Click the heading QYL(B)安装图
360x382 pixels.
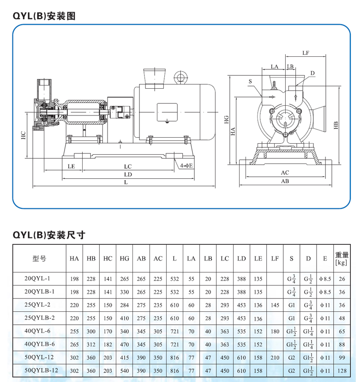44,17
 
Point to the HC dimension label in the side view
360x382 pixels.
23,135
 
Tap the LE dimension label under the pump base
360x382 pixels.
71,166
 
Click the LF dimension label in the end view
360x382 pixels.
306,53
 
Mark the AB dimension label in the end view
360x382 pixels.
285,182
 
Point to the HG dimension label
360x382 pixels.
226,121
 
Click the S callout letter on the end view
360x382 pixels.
250,81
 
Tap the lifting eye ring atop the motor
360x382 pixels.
180,77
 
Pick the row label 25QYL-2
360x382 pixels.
40,305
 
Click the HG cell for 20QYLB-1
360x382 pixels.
124,292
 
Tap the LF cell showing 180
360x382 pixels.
275,331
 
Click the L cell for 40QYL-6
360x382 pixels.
174,331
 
